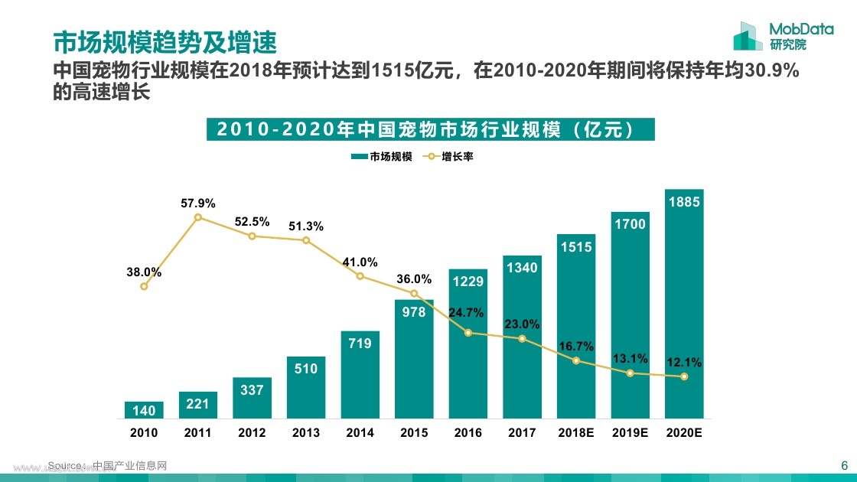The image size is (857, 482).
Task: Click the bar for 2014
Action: click(x=360, y=375)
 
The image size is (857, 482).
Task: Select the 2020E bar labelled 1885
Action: click(x=684, y=306)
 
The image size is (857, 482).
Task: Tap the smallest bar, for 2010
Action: click(x=144, y=410)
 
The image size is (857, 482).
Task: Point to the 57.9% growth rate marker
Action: click(x=198, y=217)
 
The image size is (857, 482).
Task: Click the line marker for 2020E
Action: click(x=684, y=376)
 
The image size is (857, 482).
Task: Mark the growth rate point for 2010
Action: click(x=144, y=286)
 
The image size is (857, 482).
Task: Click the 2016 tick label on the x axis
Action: click(x=468, y=432)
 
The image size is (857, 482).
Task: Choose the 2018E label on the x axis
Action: click(x=576, y=432)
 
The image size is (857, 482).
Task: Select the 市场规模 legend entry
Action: click(x=383, y=156)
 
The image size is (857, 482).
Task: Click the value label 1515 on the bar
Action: click(x=576, y=247)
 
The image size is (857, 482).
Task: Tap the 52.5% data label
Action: click(x=252, y=222)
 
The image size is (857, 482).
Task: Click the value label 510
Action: click(x=306, y=369)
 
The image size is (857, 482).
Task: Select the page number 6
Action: click(x=844, y=465)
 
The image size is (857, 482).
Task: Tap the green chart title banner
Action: click(x=431, y=129)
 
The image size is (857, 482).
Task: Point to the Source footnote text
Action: click(x=107, y=465)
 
